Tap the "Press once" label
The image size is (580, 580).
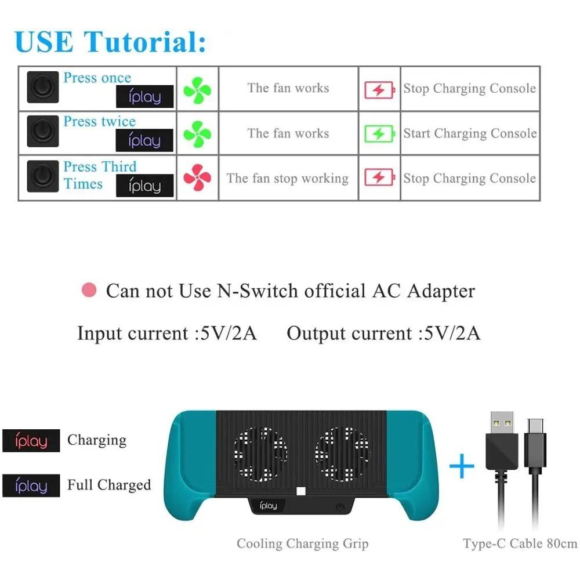[97, 78]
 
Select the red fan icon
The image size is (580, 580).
[197, 178]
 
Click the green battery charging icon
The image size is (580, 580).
[379, 134]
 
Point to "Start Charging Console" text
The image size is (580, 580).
[470, 133]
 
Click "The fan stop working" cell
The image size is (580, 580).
[288, 178]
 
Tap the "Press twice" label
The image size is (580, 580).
[99, 122]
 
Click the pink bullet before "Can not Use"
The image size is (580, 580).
[89, 290]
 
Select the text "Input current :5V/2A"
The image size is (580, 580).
[167, 333]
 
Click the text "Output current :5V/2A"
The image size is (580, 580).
[383, 333]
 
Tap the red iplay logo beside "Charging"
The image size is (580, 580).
[31, 441]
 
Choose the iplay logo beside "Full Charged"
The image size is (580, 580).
[31, 485]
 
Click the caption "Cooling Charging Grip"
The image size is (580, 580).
[302, 543]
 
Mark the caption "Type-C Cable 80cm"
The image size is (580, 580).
[520, 543]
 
